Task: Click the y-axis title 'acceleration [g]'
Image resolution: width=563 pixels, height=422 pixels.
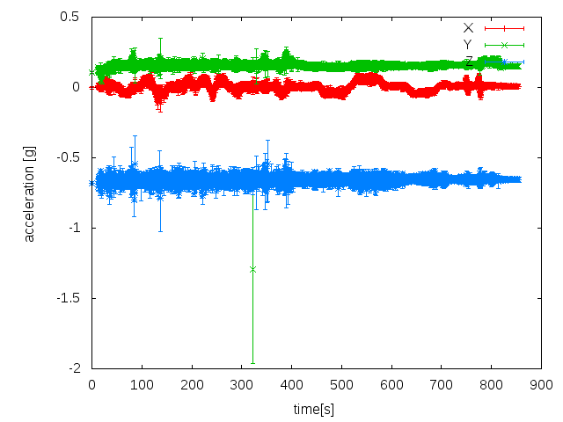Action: point(30,193)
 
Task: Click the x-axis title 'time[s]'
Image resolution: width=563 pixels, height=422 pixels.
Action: point(314,410)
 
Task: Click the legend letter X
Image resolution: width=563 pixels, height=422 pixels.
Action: point(468,28)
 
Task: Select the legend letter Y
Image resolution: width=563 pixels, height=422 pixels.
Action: point(468,45)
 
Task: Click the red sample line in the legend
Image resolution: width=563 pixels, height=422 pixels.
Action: point(504,28)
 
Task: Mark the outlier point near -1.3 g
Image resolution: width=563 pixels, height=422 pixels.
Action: point(253,269)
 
